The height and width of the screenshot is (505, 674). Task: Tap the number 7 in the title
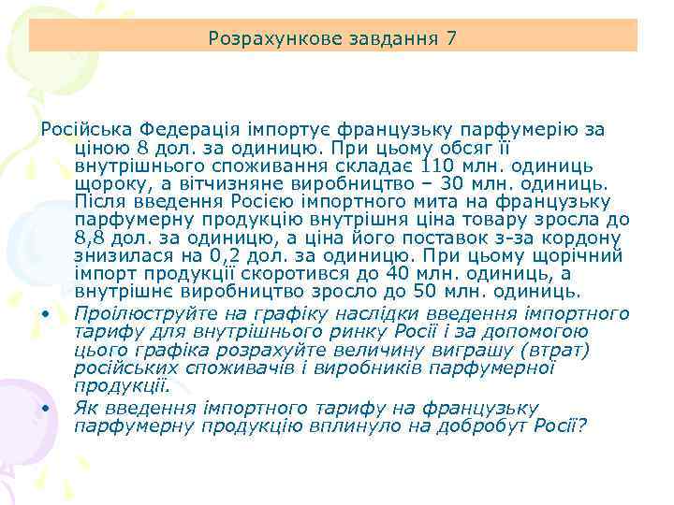pyautogui.click(x=452, y=38)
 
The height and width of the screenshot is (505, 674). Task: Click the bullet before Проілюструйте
pyautogui.click(x=44, y=312)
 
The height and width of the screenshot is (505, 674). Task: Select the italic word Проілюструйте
pyautogui.click(x=138, y=312)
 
